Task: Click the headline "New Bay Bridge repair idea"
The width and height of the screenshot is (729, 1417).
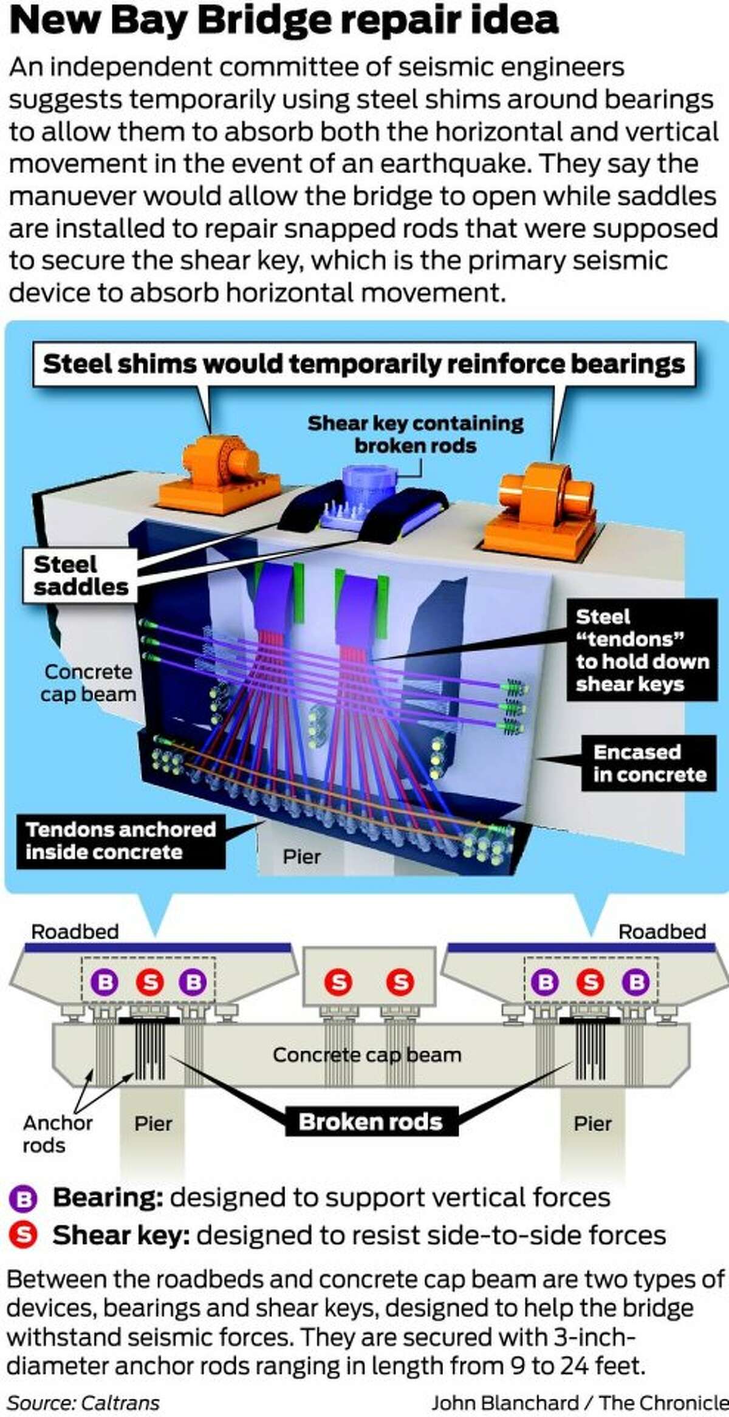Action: [x=284, y=21]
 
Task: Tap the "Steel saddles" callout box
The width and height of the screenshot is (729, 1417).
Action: [x=80, y=575]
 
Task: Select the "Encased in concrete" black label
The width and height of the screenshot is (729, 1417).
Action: [x=649, y=763]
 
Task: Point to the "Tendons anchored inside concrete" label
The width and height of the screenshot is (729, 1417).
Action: [x=120, y=840]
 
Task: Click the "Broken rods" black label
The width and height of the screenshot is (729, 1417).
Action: [x=371, y=1121]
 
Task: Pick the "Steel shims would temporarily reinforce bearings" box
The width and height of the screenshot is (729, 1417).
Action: [x=363, y=364]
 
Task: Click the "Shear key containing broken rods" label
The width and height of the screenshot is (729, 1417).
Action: [x=415, y=434]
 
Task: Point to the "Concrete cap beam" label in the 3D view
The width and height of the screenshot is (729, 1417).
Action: [x=88, y=682]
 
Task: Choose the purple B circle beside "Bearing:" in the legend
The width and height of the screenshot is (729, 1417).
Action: [x=24, y=1199]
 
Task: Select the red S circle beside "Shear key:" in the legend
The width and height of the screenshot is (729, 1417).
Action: [x=24, y=1235]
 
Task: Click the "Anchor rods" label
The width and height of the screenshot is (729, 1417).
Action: [x=57, y=1134]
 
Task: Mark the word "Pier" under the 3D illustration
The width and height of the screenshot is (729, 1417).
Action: [x=301, y=857]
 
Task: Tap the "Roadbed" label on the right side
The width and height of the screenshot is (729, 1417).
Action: [x=662, y=932]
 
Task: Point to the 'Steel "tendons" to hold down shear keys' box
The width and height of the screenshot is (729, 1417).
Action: [x=642, y=650]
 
